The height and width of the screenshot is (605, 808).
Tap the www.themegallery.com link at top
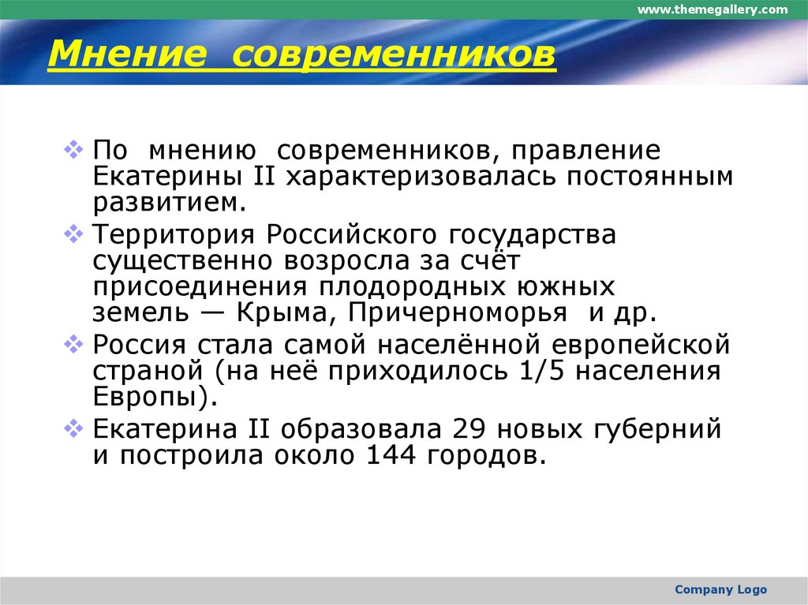(x=713, y=9)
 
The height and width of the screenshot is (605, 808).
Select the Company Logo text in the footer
(x=720, y=589)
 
